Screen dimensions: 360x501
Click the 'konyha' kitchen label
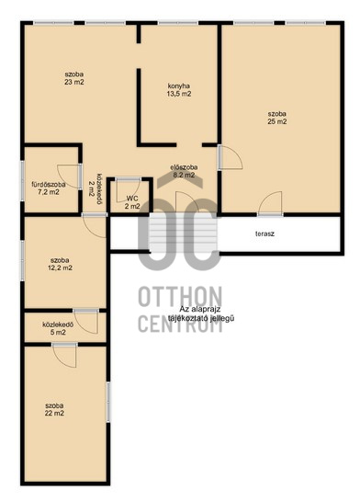(179, 85)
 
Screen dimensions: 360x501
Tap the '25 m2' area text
(277, 121)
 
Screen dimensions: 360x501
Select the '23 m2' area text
(74, 82)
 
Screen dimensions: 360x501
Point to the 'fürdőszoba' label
(49, 185)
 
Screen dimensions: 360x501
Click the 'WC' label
(132, 199)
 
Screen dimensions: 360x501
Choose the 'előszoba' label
(184, 167)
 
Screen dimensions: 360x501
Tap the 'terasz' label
(264, 233)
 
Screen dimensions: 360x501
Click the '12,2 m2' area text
(60, 268)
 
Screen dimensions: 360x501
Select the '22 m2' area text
(54, 413)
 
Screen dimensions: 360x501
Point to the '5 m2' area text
(58, 332)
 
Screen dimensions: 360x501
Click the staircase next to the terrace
(184, 233)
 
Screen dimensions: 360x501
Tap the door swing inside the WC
(128, 191)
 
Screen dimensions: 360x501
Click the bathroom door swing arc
(69, 176)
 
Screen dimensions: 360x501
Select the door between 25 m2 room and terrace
(270, 203)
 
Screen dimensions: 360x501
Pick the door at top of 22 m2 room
(64, 356)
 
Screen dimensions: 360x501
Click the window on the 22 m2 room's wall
(108, 402)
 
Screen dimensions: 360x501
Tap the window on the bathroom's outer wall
(22, 181)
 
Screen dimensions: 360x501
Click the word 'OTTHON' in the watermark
(180, 297)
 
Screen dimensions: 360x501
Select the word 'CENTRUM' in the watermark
(180, 323)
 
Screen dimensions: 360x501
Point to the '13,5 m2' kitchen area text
(179, 94)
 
